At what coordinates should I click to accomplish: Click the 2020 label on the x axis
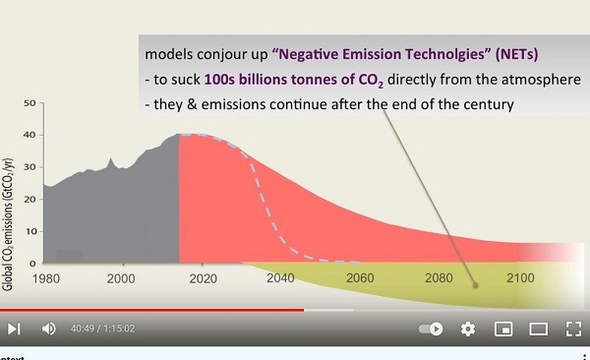click(x=203, y=278)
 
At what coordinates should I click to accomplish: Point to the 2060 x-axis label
click(x=360, y=278)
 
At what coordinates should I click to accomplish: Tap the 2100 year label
click(x=520, y=278)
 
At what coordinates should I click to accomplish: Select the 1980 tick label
click(x=46, y=278)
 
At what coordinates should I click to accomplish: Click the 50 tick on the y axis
click(x=29, y=103)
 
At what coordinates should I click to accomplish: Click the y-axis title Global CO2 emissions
click(x=8, y=224)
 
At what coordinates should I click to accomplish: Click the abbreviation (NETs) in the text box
click(x=516, y=54)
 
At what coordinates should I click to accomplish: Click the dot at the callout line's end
click(x=475, y=285)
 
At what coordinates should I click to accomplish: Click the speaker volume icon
click(x=48, y=329)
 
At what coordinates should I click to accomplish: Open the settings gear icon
click(x=468, y=329)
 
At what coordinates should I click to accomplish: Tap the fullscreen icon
click(x=573, y=329)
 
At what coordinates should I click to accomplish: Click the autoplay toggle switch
click(x=431, y=329)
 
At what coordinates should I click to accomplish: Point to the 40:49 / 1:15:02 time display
click(x=102, y=329)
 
